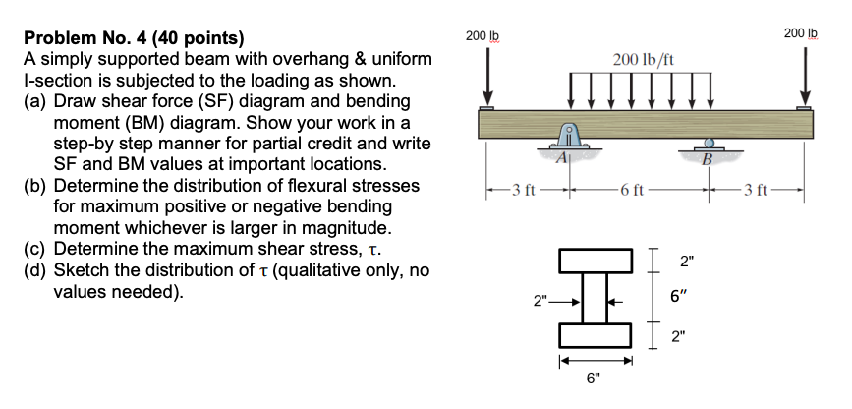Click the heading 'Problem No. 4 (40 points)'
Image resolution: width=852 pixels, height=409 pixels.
pos(133,40)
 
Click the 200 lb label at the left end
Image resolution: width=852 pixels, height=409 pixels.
pos(477,35)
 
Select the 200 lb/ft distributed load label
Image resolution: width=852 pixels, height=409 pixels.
pos(642,62)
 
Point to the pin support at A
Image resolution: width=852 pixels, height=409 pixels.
pos(568,137)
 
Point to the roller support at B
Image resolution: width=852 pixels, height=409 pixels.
pos(707,145)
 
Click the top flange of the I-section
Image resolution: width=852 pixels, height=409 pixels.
pos(596,259)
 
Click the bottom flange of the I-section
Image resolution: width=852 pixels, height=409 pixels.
pos(596,334)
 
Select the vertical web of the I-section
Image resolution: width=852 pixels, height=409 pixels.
pos(596,297)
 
